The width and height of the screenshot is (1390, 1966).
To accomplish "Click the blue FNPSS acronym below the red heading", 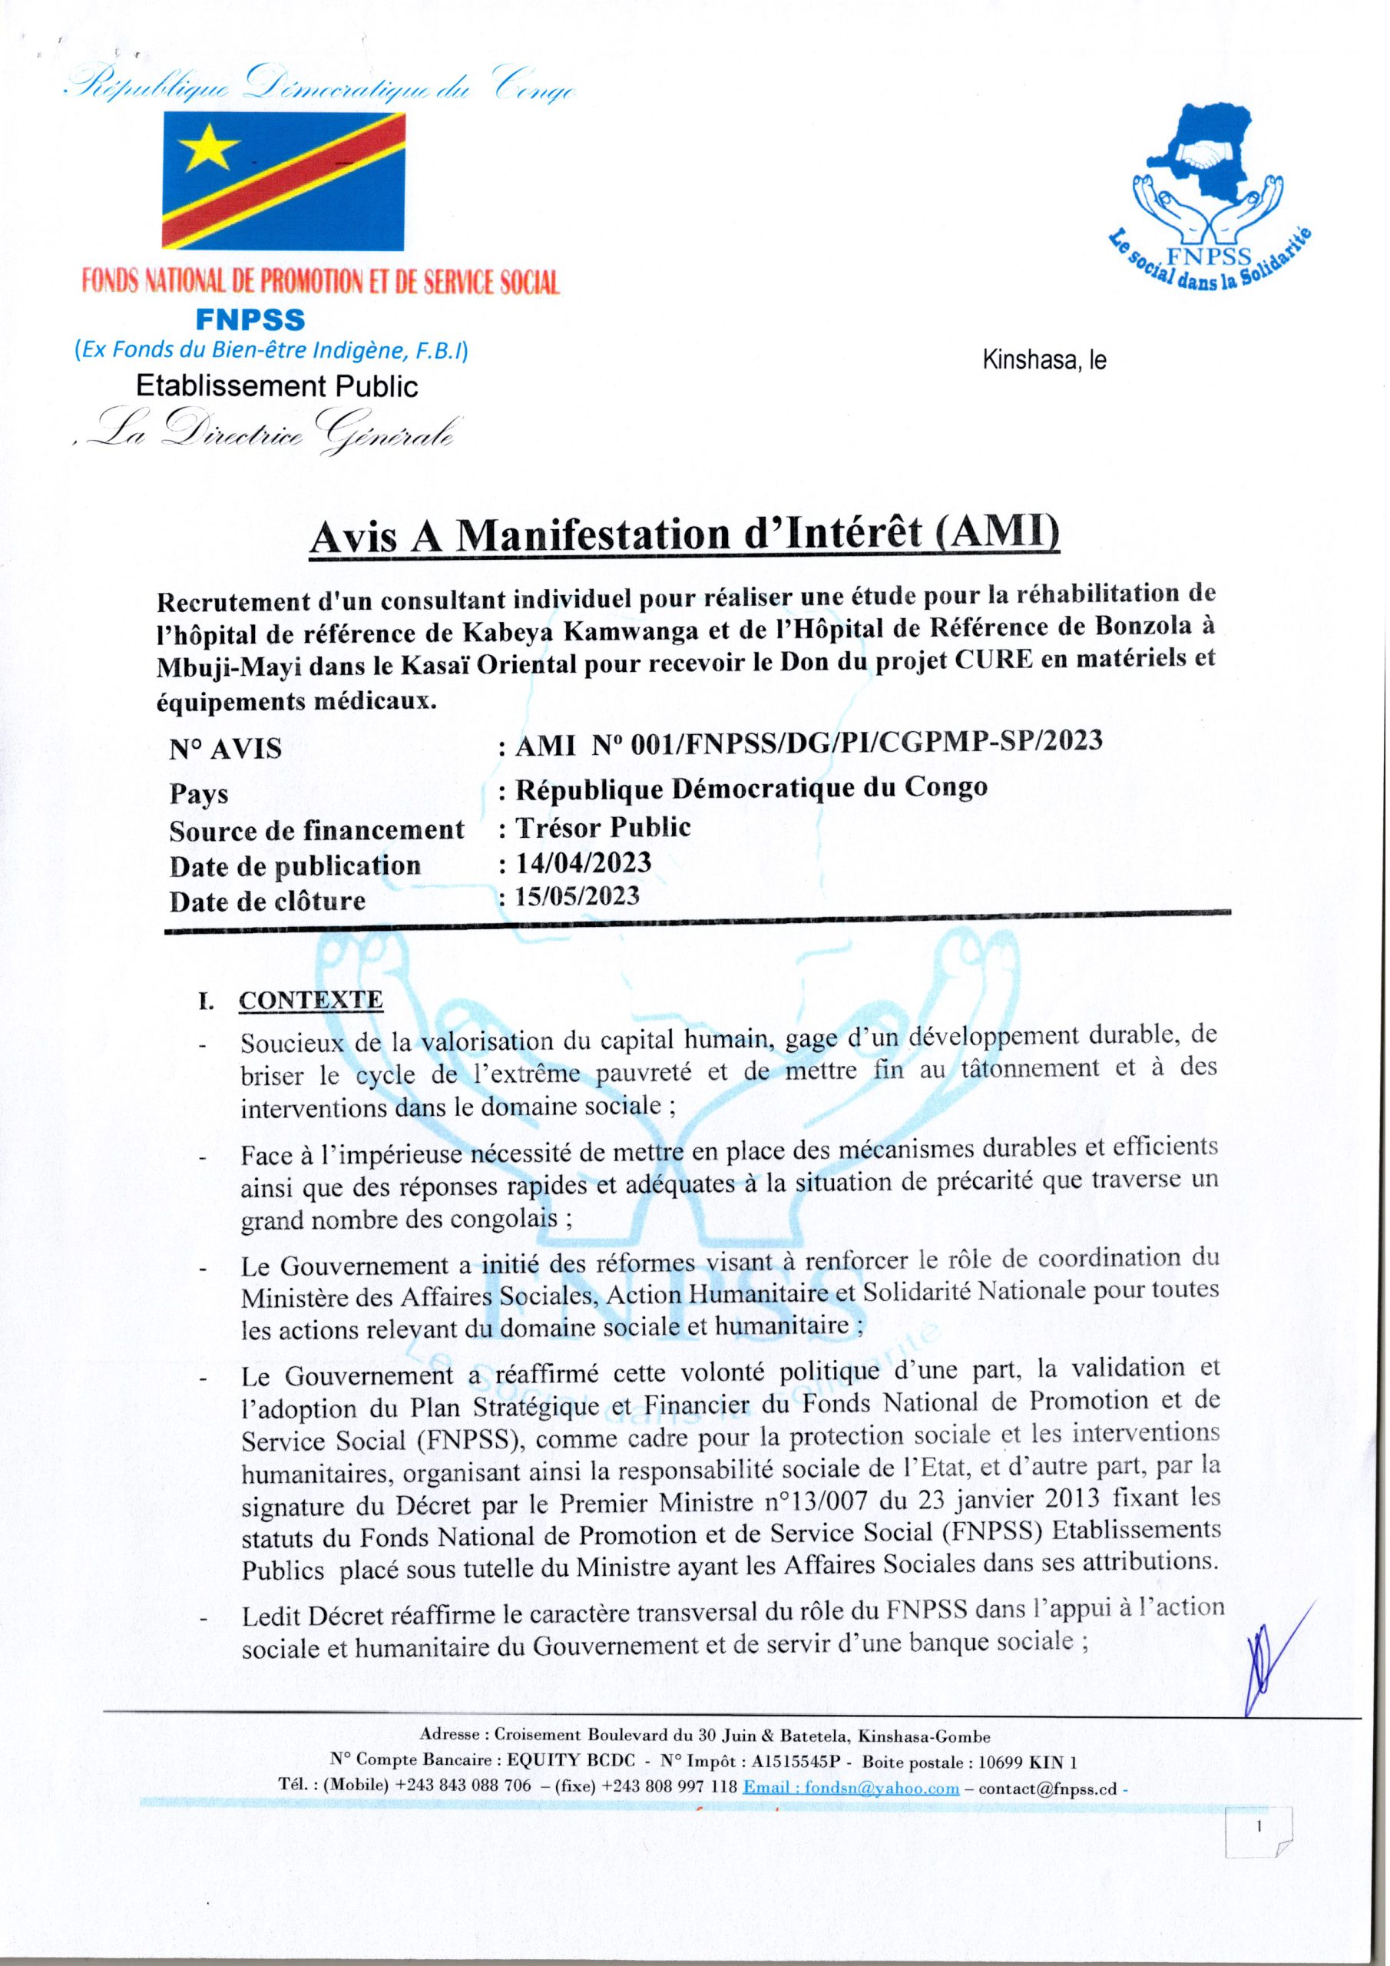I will tap(250, 319).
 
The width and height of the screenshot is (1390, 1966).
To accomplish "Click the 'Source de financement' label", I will tap(317, 829).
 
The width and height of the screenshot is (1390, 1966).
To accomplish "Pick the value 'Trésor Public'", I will tap(600, 826).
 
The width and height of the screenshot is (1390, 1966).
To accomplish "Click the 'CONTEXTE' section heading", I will tap(312, 1000).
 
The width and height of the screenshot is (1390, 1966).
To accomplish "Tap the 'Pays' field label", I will tap(199, 793).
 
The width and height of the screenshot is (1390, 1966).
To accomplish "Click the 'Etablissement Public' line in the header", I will tap(277, 387).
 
